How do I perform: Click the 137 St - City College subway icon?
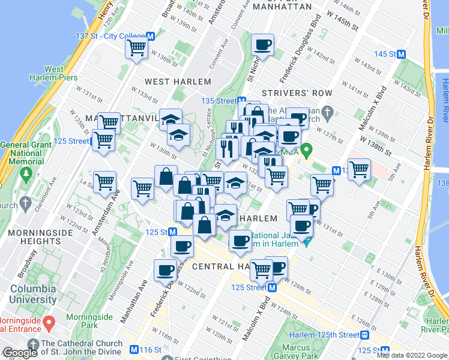(151, 36)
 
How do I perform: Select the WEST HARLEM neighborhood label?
(178, 82)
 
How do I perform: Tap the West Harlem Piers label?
(46, 73)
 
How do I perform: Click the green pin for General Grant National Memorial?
(26, 174)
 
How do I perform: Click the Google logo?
(20, 353)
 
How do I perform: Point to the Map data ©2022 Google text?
(411, 355)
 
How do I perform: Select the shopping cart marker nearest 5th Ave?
(359, 169)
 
